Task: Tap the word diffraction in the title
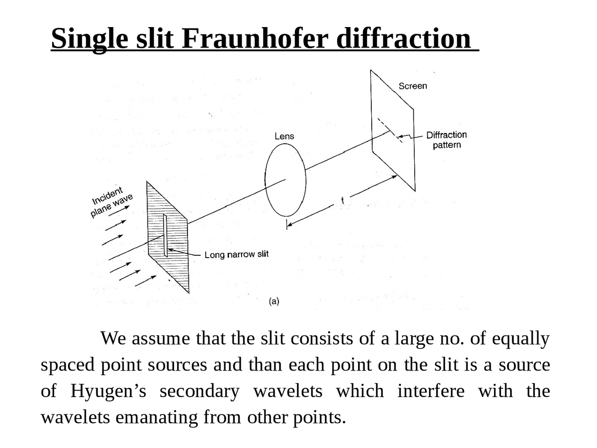click(x=403, y=38)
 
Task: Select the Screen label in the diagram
click(x=412, y=86)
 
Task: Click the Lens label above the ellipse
click(x=284, y=136)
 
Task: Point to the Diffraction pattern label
click(x=446, y=140)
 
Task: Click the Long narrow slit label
click(x=236, y=254)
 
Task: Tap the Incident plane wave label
click(x=111, y=202)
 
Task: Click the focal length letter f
click(x=342, y=201)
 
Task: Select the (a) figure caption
click(x=274, y=301)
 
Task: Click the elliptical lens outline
click(x=266, y=180)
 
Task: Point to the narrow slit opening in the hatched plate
click(x=165, y=236)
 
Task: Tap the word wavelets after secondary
click(x=287, y=391)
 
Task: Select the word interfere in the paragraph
click(x=430, y=391)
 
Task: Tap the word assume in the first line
click(x=161, y=338)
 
